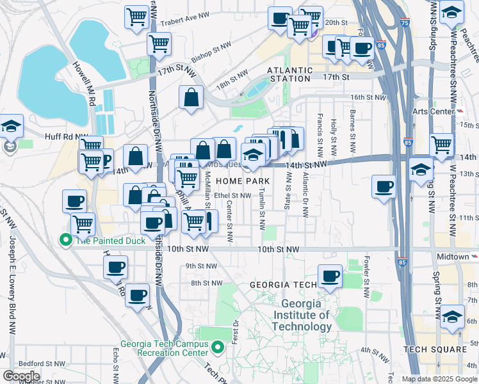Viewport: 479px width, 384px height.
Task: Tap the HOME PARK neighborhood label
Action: (242, 182)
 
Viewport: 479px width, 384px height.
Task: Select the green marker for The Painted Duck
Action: (65, 240)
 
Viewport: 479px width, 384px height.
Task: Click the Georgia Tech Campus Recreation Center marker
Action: (218, 348)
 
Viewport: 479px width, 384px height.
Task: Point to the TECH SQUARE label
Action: (435, 349)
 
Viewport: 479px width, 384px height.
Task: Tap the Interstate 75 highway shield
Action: (403, 23)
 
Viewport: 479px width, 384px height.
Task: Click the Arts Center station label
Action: (442, 111)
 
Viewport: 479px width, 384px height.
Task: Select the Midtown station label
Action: (452, 257)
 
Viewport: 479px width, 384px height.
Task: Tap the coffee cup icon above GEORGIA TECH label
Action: (330, 276)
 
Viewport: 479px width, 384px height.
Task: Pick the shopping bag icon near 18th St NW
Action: (191, 98)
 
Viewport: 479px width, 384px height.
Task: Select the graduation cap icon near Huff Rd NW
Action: (11, 125)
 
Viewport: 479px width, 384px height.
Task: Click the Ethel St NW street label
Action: (233, 196)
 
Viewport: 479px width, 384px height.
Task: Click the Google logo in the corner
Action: (21, 376)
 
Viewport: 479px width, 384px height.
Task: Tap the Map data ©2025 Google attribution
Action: (439, 379)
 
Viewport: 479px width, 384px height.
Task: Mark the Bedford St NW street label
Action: (37, 363)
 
